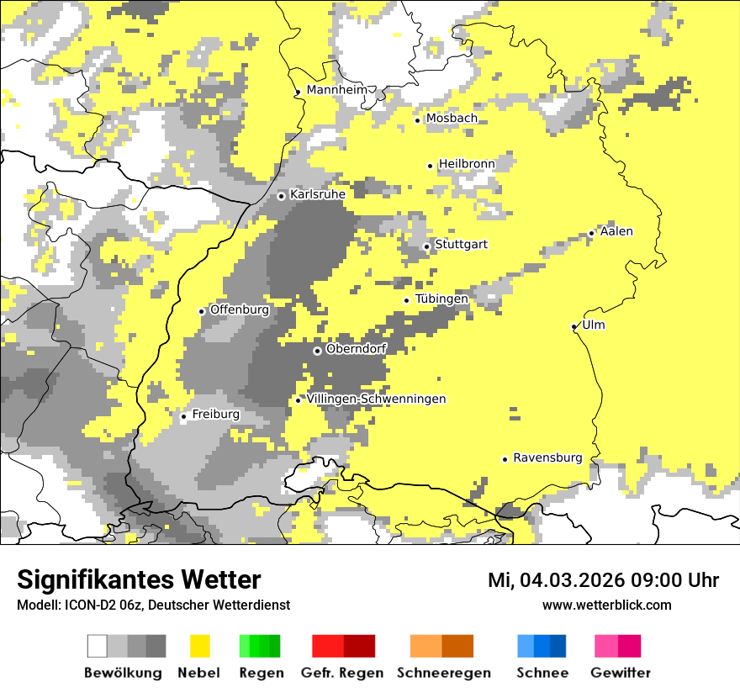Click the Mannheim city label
coord(337,90)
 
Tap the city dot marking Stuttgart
coord(426,246)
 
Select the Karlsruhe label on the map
coord(318,194)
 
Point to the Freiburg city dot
coord(183,416)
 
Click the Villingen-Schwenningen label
coord(376,399)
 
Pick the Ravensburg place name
coord(547,457)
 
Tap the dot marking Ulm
coord(573,326)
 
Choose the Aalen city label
coord(616,231)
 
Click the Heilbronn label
coord(467,163)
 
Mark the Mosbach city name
coord(452,119)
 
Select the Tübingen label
coord(441,299)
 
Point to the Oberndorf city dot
coord(317,351)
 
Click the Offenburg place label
coord(240,309)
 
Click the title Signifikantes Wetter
coord(139,580)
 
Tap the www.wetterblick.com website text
coord(606,605)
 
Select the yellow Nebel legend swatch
coord(200,646)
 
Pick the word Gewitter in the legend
coord(620,673)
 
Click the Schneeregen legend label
coord(442,673)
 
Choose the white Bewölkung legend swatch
coord(98,646)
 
